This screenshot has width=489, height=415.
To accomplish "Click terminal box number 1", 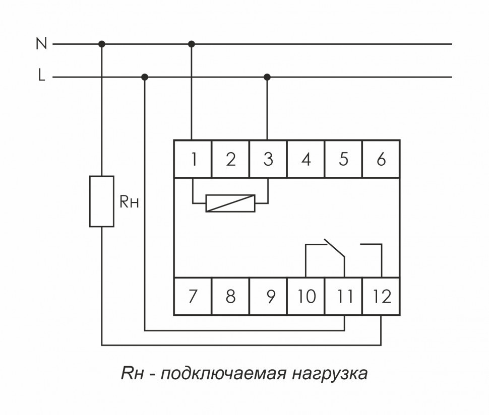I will (x=193, y=159).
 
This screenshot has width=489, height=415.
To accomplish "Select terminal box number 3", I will (x=268, y=159).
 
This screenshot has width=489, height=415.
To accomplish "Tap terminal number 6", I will (x=381, y=159).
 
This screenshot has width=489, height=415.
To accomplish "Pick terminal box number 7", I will (x=193, y=297).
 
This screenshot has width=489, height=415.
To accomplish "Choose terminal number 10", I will (x=306, y=297).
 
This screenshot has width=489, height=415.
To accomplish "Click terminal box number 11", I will (x=344, y=297).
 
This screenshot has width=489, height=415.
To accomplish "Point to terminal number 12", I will (x=382, y=297).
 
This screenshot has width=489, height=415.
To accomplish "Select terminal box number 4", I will (x=306, y=159).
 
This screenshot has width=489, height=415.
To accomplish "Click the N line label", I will (x=41, y=44).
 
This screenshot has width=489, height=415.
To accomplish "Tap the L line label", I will (x=41, y=77).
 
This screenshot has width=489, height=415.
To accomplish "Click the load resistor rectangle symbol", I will (x=101, y=201).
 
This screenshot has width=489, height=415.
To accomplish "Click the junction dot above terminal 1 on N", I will (x=191, y=44).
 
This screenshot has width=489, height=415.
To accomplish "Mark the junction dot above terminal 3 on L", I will (x=267, y=77).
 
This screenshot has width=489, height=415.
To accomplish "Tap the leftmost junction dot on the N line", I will (x=102, y=44).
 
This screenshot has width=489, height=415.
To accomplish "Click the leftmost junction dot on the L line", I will (x=145, y=77).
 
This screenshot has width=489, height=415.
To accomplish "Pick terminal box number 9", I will (x=268, y=297).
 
